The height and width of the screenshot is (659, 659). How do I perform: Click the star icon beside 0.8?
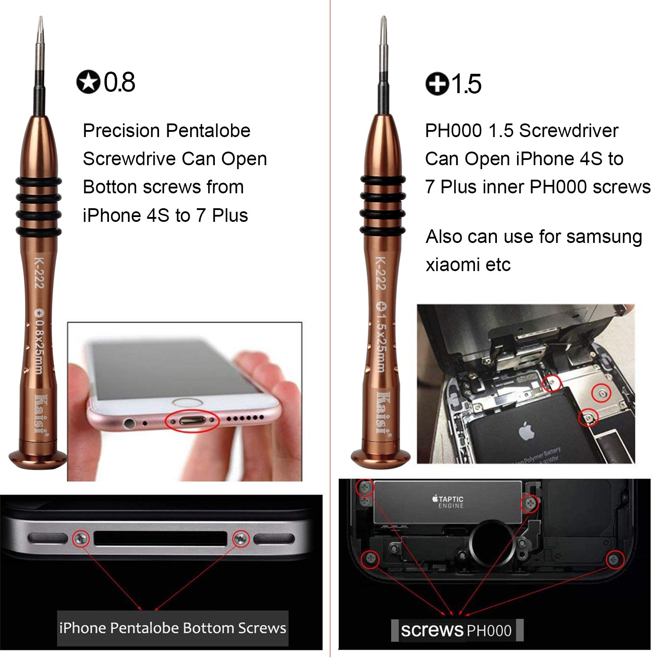tap(88, 82)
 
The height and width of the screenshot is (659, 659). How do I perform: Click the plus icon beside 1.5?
tap(437, 83)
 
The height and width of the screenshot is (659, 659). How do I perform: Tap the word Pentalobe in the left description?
tap(208, 130)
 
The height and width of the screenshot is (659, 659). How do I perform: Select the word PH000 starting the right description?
tap(453, 130)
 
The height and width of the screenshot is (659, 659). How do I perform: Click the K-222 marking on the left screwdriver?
tap(39, 273)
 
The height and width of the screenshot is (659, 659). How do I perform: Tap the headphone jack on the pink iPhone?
tap(129, 424)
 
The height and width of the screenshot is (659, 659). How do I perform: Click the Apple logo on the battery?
tap(526, 431)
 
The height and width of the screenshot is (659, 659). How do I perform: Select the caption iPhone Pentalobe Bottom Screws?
tap(173, 628)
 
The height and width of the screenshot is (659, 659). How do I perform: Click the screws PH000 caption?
tap(456, 630)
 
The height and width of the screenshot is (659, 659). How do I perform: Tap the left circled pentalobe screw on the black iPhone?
tap(80, 538)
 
